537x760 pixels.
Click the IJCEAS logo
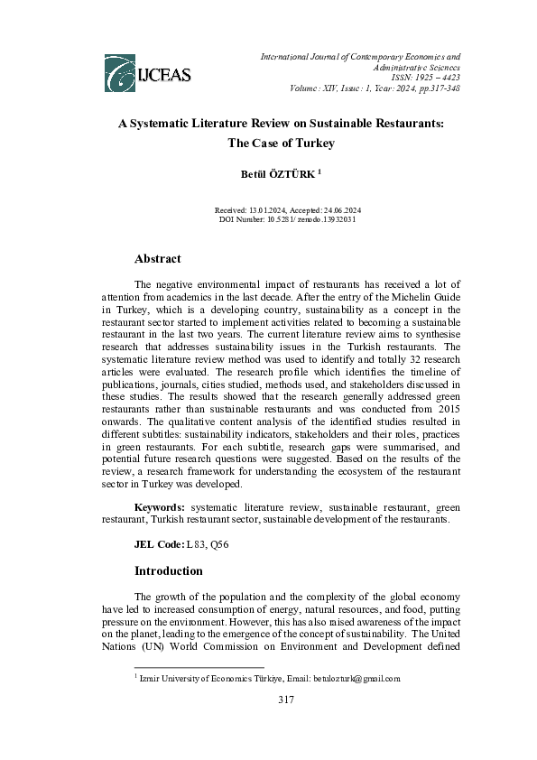coord(147,70)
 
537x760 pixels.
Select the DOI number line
coord(281,219)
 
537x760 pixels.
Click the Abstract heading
coord(157,258)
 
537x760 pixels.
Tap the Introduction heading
coord(169,570)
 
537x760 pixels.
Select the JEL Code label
coord(158,544)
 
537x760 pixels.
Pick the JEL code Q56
coord(208,544)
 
